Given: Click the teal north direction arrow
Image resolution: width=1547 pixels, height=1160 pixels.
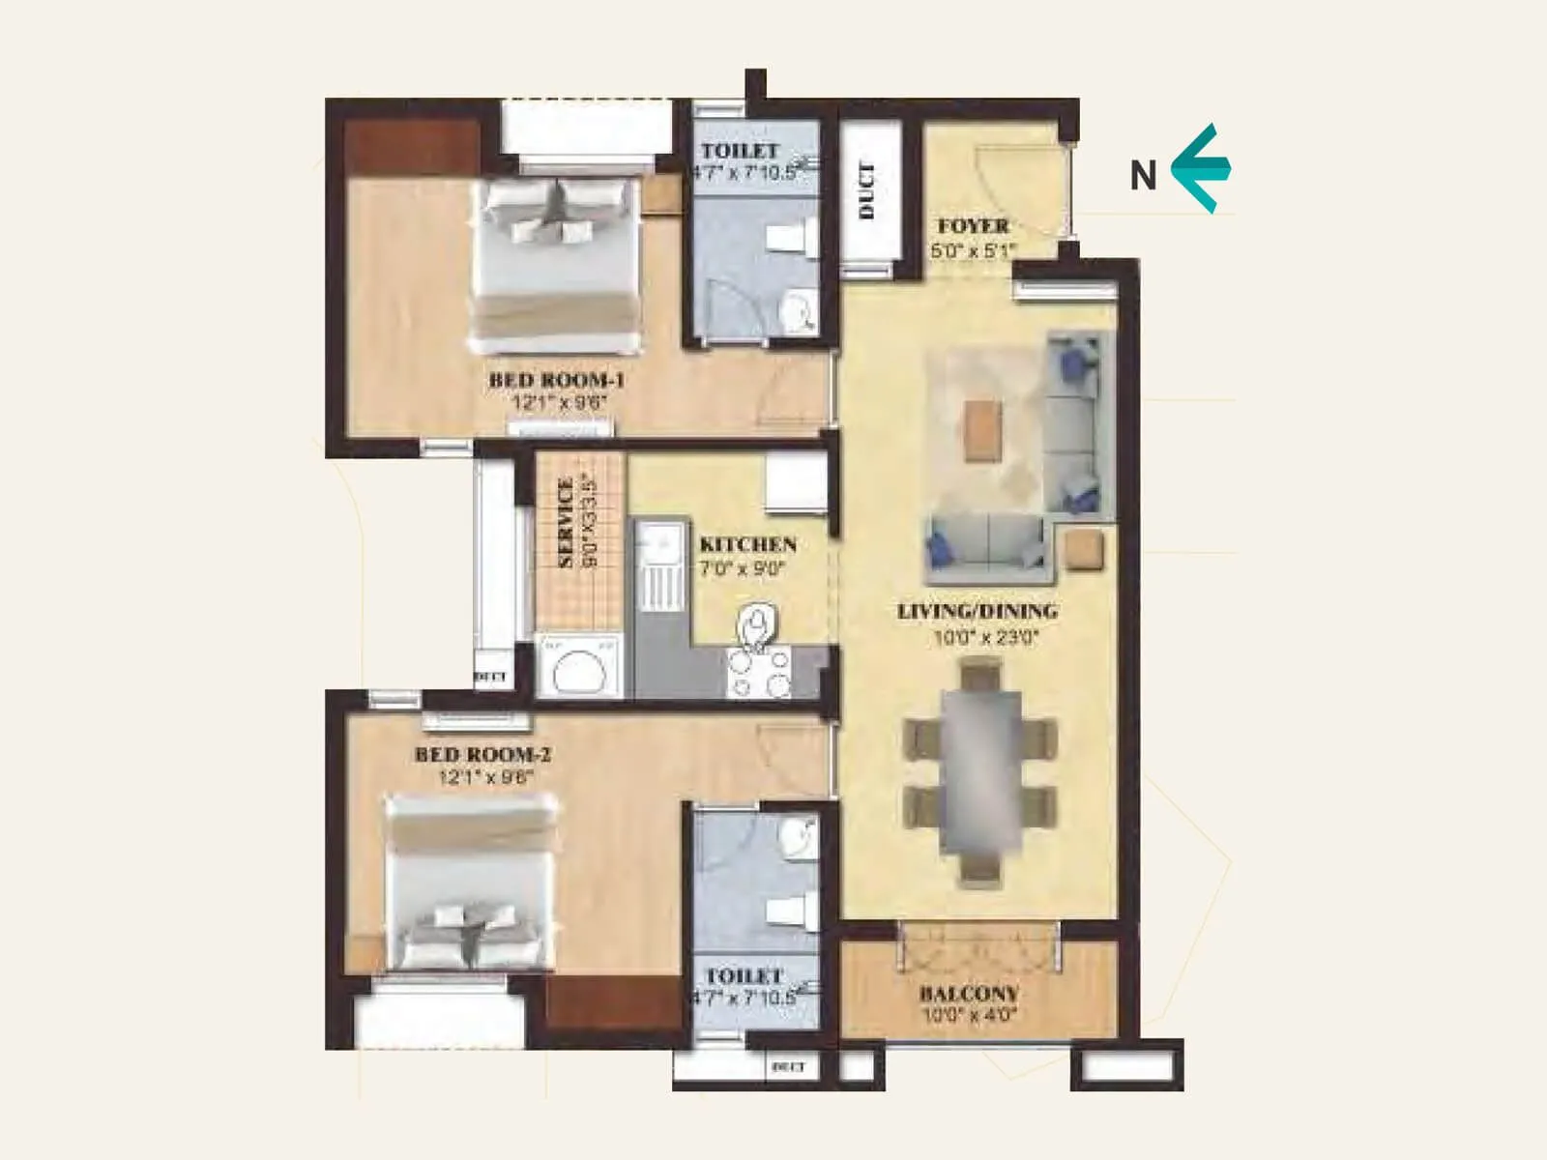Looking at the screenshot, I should point(1201,168).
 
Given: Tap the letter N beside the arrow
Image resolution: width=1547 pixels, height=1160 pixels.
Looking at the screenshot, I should point(1143,176).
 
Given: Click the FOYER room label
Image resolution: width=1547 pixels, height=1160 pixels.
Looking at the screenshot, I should point(973,226).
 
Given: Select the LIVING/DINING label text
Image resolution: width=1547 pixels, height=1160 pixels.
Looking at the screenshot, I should point(977,611).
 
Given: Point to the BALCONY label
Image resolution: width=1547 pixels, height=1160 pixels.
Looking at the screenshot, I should point(969,994).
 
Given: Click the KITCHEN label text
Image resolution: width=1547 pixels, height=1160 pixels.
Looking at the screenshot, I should point(747,545).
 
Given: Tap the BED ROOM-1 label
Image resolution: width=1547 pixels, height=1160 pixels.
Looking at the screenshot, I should point(556,380).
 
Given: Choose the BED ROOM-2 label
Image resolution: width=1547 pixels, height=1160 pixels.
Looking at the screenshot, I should point(482,754).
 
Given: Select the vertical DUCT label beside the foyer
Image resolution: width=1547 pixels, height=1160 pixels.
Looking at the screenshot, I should point(866,190).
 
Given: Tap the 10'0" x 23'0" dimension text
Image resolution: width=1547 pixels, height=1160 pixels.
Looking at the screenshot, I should point(985,638).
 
